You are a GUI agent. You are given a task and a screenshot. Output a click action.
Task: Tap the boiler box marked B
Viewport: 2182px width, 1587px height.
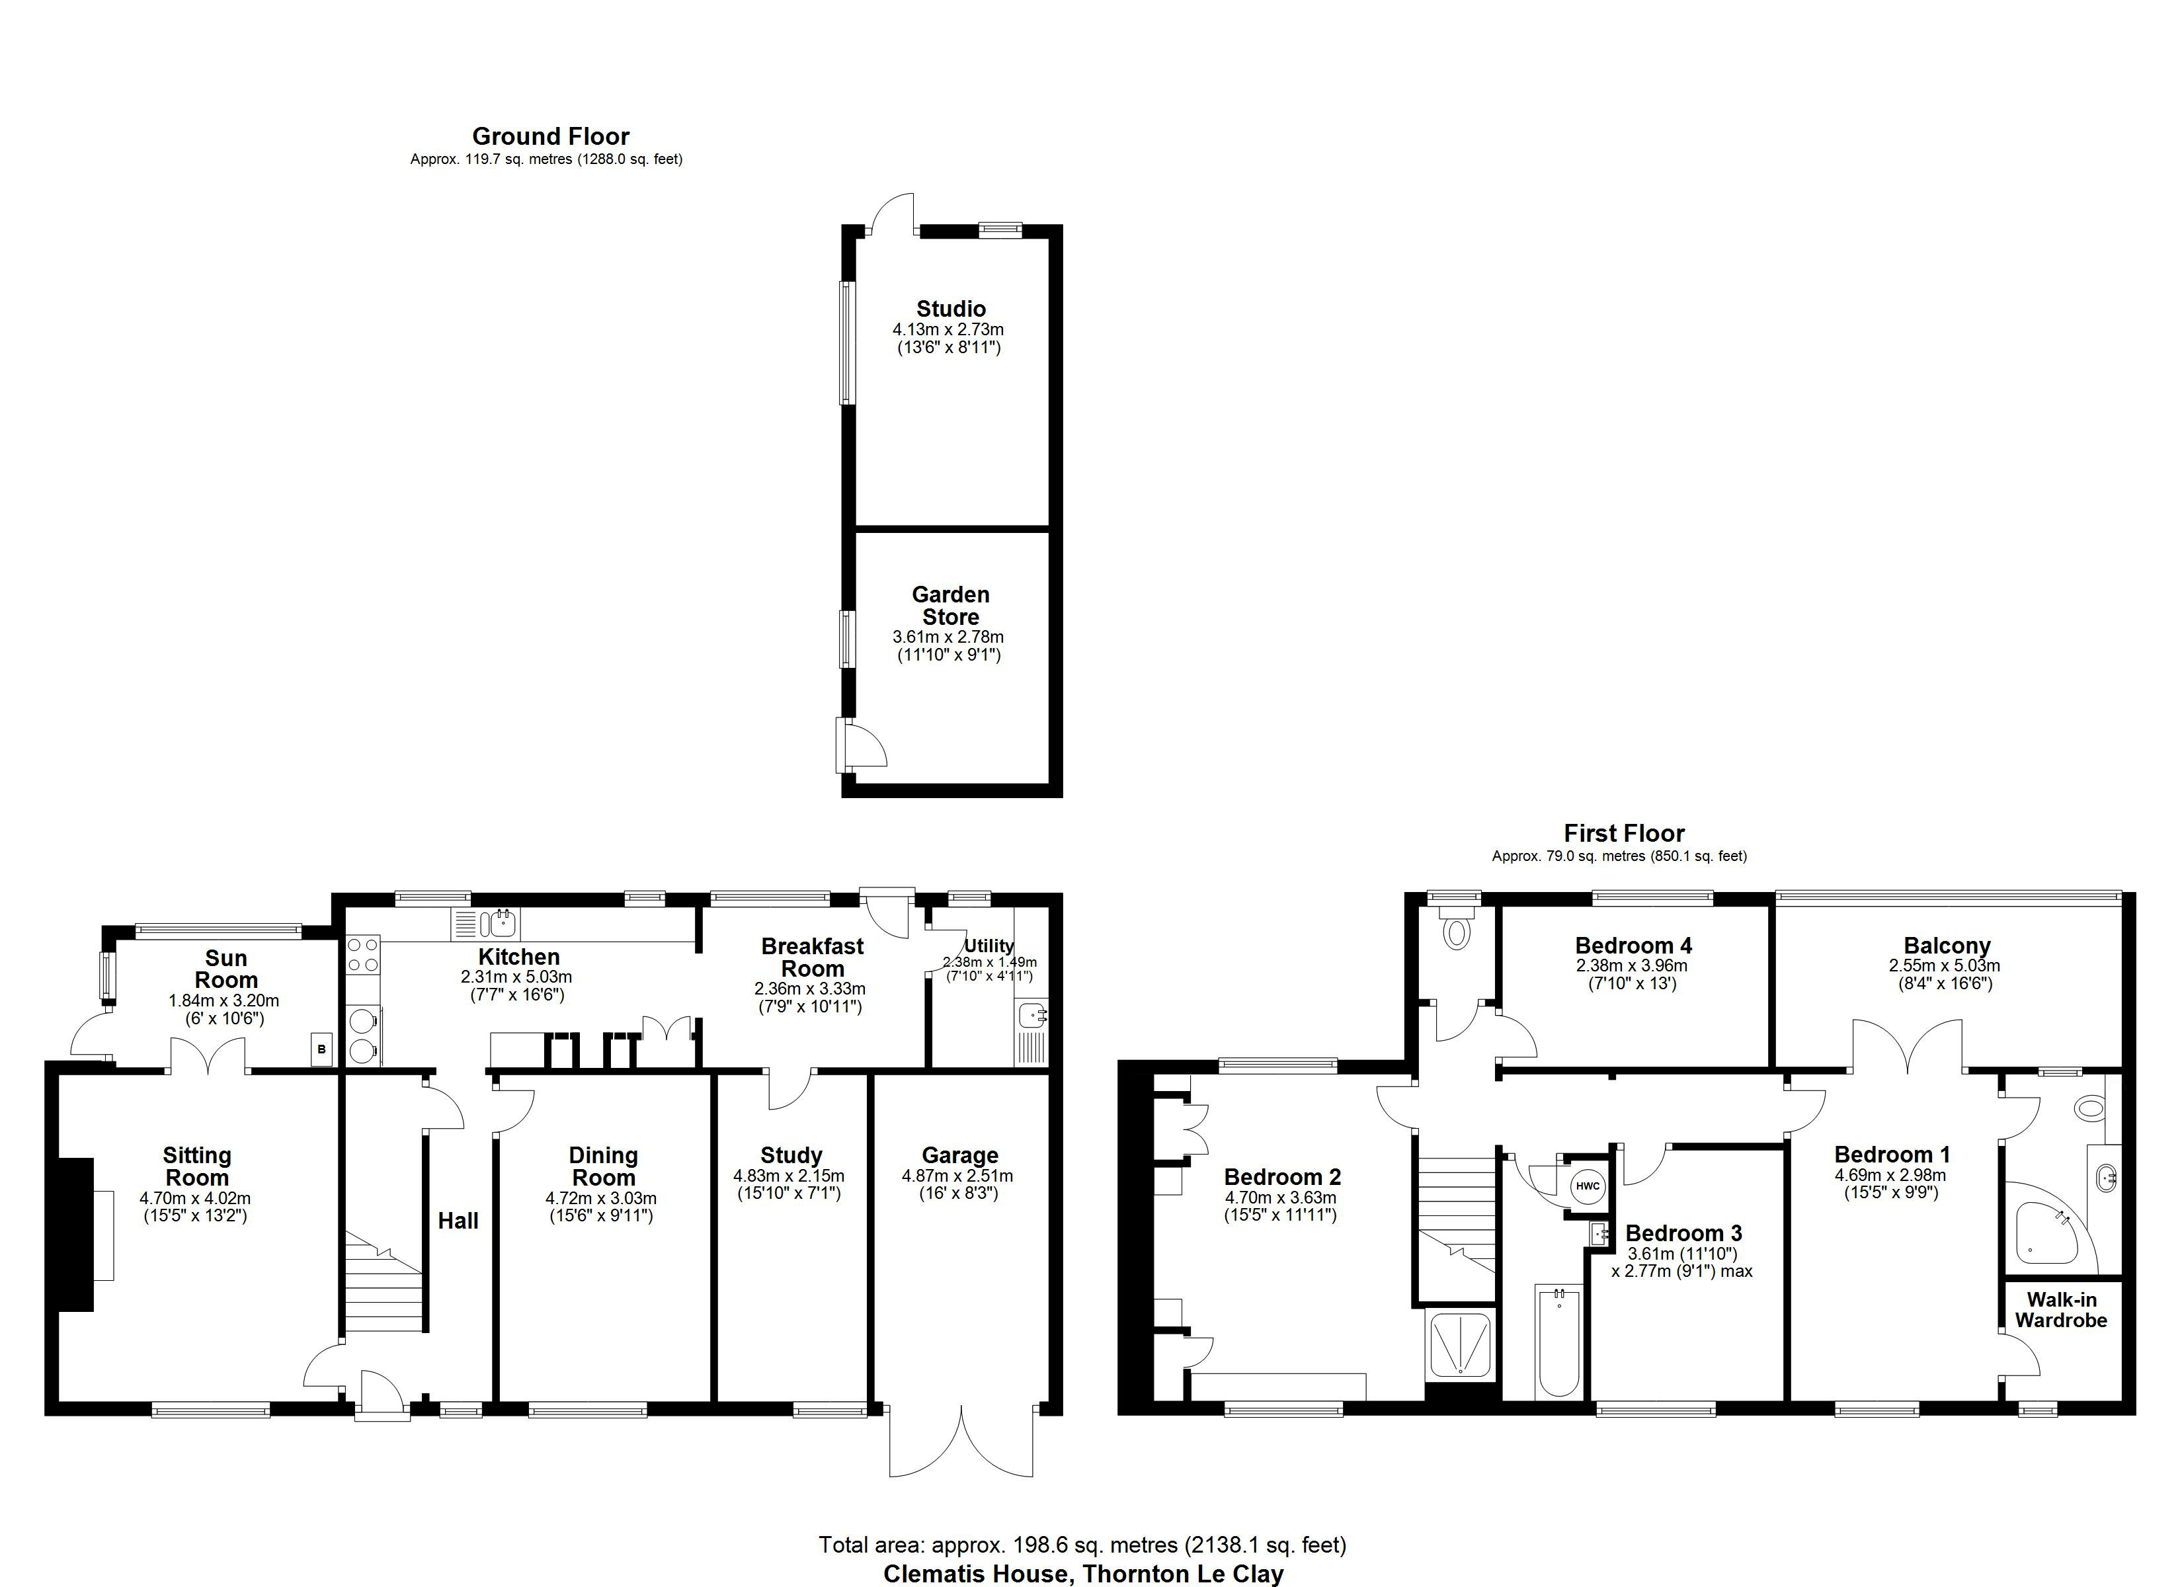321,1049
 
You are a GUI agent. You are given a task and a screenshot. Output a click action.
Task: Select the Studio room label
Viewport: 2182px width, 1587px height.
951,309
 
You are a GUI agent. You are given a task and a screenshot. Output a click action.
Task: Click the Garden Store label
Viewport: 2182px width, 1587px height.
951,605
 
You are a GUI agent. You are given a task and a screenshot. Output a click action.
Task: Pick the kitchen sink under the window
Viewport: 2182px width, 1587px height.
503,924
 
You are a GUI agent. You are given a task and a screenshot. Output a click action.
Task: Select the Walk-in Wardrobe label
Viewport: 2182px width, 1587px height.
2061,1310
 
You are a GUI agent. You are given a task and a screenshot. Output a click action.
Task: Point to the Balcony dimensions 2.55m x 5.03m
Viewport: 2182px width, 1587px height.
1945,965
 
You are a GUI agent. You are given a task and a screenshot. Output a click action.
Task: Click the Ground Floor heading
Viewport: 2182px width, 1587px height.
550,137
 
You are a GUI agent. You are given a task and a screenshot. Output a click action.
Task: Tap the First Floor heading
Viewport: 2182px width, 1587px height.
1624,833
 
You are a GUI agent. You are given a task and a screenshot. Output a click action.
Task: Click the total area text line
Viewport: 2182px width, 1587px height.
1082,1545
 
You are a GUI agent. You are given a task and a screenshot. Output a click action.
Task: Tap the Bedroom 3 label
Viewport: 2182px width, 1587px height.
1683,1233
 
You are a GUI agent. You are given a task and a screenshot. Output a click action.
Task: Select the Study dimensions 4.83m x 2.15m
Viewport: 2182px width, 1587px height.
789,1176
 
